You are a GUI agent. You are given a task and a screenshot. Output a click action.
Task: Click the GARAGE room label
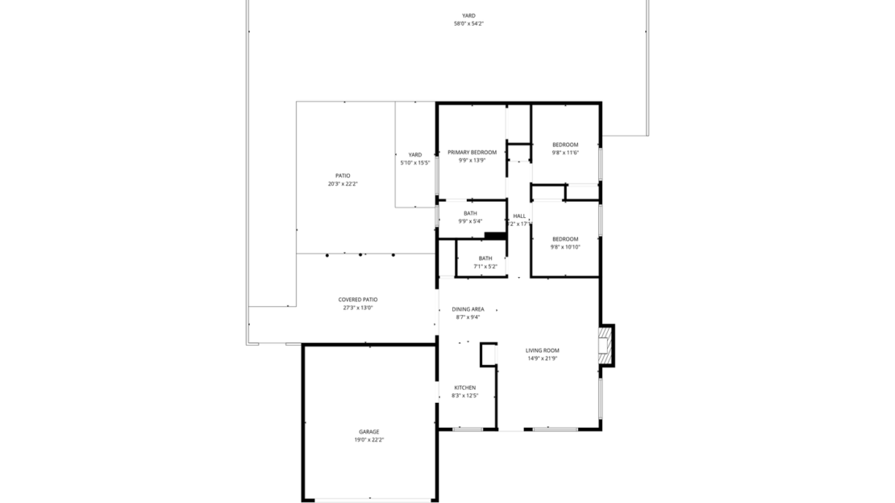tap(369, 432)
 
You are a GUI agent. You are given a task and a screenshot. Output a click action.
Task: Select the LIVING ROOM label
tap(542, 350)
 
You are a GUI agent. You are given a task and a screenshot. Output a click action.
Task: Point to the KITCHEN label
tap(464, 388)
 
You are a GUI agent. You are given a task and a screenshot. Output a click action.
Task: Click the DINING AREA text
tap(468, 309)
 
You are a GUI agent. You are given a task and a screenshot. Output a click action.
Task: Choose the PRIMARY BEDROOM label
tap(472, 152)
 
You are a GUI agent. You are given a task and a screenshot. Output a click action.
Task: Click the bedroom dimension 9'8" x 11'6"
tap(565, 153)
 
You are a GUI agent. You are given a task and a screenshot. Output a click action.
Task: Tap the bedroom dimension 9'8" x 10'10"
tap(565, 246)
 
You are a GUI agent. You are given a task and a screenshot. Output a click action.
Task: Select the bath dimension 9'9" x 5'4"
tap(470, 221)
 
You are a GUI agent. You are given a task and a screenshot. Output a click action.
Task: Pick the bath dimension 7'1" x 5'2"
tap(485, 266)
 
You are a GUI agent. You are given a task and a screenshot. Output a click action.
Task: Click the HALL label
tap(519, 216)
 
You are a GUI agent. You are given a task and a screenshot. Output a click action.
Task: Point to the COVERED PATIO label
tap(358, 300)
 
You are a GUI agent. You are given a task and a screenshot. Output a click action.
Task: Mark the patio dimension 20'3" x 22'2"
tap(343, 184)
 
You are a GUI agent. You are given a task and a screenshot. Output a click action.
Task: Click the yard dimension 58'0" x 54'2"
tap(468, 23)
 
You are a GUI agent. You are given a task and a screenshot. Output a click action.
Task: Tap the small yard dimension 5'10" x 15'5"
tap(415, 162)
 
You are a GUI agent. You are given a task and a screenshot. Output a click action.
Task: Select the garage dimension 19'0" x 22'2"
tap(369, 440)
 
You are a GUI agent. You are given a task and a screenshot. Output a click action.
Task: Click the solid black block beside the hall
tap(495, 236)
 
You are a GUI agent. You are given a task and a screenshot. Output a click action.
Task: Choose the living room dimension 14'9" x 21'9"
tap(542, 358)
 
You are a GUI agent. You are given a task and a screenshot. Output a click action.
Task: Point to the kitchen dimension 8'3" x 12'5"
tap(464, 396)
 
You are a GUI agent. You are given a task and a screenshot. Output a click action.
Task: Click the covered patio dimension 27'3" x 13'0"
tap(358, 308)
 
